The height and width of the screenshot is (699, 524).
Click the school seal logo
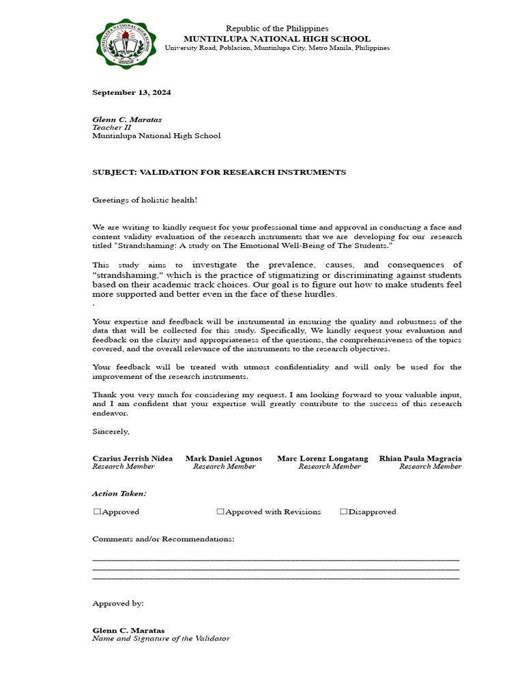[124, 43]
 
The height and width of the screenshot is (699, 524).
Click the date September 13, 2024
[132, 92]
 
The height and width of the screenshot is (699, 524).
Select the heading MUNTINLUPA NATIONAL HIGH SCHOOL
[277, 39]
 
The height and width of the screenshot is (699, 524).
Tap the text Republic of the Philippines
[277, 29]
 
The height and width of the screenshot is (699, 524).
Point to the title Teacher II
[111, 128]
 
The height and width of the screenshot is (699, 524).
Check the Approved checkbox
[97, 512]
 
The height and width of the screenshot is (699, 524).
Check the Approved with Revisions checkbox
[220, 512]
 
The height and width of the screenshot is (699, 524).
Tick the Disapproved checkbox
[344, 512]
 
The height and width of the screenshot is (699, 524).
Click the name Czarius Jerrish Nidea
[132, 459]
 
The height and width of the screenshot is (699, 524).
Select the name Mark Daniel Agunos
[224, 459]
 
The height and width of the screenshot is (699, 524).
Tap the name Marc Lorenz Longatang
[322, 459]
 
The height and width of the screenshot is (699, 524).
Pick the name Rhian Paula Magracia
[420, 459]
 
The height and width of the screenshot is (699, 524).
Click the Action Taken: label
[119, 493]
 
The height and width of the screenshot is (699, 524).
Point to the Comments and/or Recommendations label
[163, 539]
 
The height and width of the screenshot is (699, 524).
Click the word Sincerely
[111, 431]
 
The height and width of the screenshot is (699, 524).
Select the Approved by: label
[118, 603]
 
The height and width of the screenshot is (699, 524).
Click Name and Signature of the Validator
[161, 639]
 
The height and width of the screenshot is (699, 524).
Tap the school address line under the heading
[277, 48]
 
